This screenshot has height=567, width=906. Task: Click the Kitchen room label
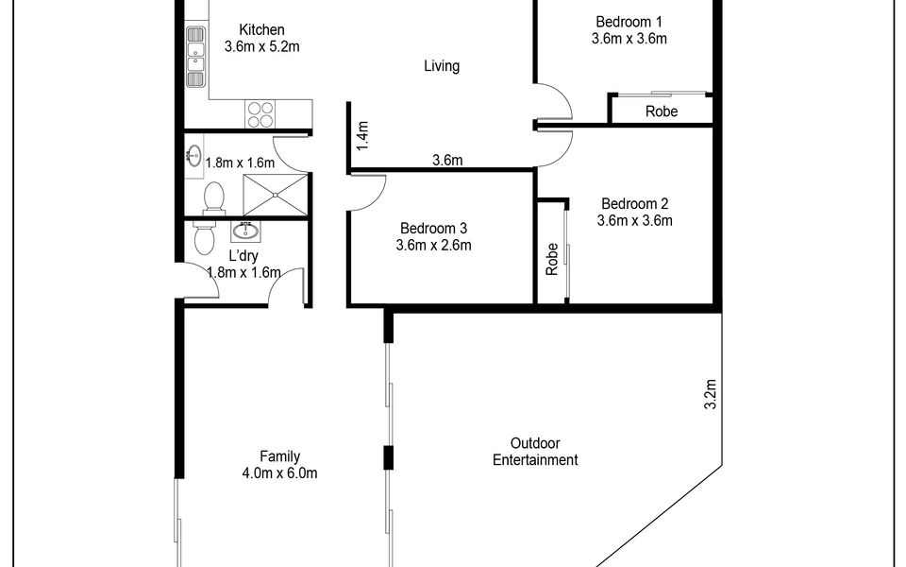click(x=261, y=29)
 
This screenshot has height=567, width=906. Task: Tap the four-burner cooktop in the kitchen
click(x=260, y=114)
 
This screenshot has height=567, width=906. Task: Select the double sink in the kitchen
click(x=196, y=57)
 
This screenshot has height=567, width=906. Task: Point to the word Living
click(x=442, y=66)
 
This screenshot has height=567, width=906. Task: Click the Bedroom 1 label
click(x=629, y=22)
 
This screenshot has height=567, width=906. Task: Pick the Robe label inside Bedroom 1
click(x=662, y=112)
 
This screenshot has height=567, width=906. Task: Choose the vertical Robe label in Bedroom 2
click(x=552, y=259)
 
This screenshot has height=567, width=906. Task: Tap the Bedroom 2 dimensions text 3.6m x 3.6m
click(x=634, y=220)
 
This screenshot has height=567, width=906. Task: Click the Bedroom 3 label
click(x=433, y=229)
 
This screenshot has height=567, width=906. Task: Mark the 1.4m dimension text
click(x=362, y=136)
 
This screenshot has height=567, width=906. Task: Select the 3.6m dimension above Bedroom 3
click(x=447, y=161)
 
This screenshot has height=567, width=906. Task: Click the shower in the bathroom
click(x=275, y=195)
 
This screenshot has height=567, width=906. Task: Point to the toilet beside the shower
click(x=214, y=198)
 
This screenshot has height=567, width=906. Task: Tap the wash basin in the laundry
click(x=245, y=232)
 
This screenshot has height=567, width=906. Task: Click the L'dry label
click(x=243, y=256)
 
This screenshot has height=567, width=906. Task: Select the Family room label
click(x=279, y=456)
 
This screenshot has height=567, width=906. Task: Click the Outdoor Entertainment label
click(x=535, y=452)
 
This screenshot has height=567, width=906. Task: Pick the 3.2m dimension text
click(x=710, y=394)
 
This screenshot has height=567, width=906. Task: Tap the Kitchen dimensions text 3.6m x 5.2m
click(x=261, y=47)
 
